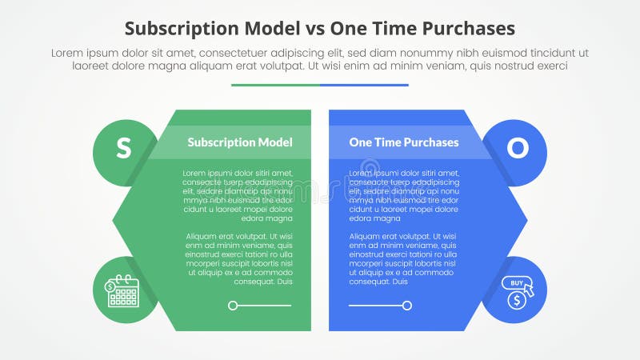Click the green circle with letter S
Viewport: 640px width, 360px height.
coord(123,148)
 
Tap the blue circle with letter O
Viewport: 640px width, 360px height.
coord(517,148)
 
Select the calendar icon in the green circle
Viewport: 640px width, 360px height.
coord(122,291)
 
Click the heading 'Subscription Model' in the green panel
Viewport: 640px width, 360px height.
coord(240,142)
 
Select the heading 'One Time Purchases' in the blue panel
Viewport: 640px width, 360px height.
coord(404,142)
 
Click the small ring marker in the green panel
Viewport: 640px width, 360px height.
coord(233,305)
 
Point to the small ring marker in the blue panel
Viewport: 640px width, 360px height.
coord(407,305)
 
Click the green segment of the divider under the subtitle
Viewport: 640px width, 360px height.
coord(275,85)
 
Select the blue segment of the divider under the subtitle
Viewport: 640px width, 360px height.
coord(364,85)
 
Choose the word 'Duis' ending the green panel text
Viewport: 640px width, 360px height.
coord(284,282)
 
